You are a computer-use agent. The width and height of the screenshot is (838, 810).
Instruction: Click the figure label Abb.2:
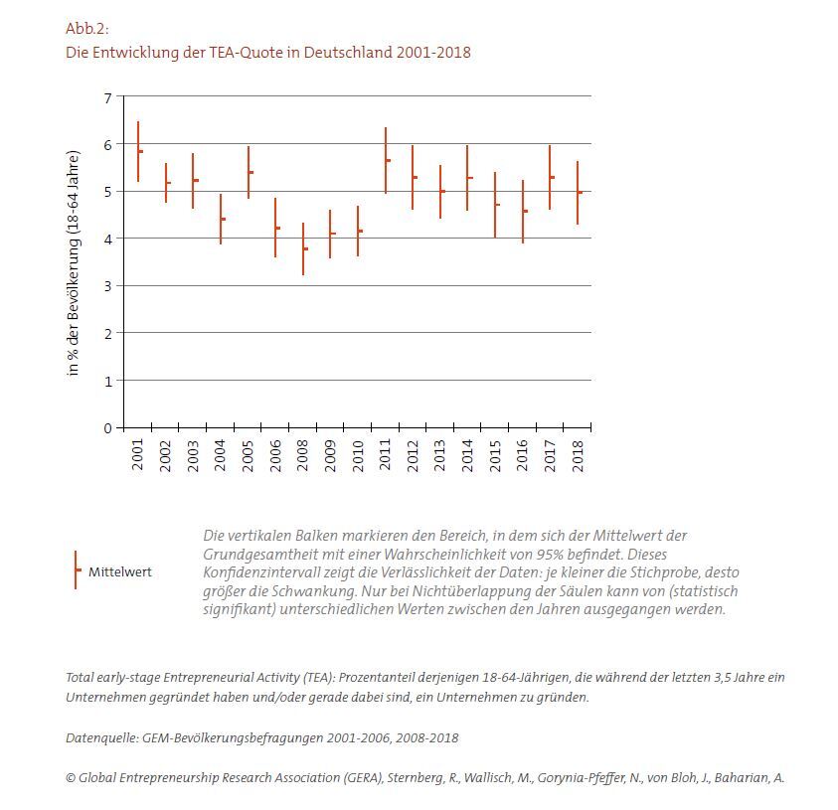click(86, 28)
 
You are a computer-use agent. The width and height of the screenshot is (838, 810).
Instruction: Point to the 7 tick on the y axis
click(108, 97)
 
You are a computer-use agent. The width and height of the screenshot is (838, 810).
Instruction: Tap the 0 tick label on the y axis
click(108, 427)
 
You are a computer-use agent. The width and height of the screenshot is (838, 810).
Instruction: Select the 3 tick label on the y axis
click(108, 286)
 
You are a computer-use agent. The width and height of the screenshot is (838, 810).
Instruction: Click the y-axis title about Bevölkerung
click(73, 263)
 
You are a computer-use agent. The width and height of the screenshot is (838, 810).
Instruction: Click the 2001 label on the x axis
click(138, 454)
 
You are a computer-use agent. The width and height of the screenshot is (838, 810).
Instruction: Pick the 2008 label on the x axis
click(304, 454)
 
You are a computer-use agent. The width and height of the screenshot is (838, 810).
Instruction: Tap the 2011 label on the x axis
click(386, 454)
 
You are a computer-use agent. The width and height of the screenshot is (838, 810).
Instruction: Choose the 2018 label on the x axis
click(578, 454)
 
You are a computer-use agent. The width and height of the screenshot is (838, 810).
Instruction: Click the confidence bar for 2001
click(138, 151)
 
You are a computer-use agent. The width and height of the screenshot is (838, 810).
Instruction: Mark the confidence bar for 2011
click(386, 160)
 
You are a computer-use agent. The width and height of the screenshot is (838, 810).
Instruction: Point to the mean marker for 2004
click(223, 219)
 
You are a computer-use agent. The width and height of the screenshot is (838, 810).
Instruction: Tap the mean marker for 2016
click(525, 211)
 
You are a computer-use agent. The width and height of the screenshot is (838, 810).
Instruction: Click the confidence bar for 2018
click(578, 192)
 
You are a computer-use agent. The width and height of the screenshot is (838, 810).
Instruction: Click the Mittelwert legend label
click(120, 572)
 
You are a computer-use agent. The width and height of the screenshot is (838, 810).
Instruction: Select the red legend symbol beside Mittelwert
click(77, 570)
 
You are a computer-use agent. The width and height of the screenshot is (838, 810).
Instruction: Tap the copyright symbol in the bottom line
click(71, 778)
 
